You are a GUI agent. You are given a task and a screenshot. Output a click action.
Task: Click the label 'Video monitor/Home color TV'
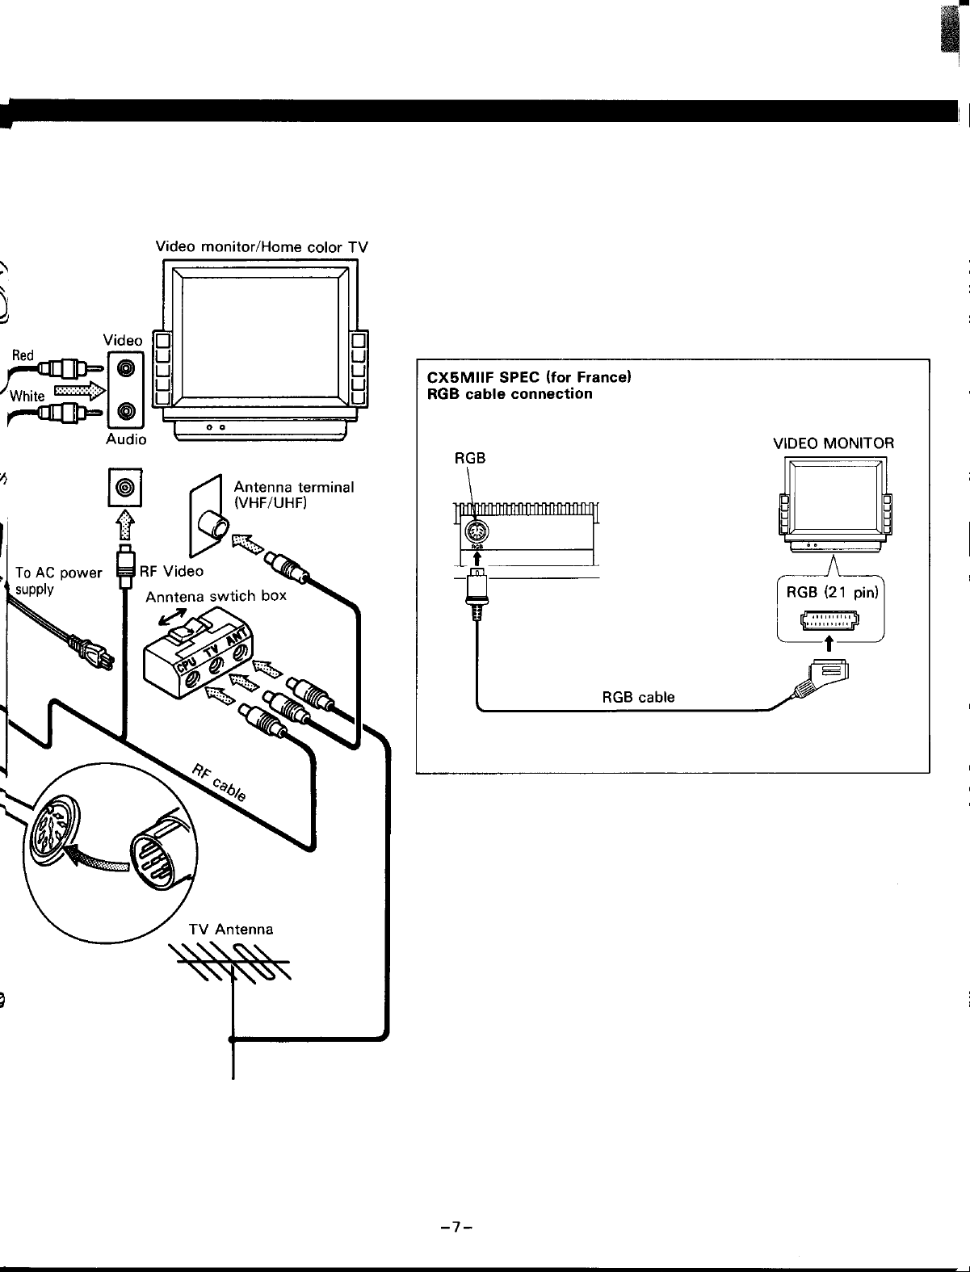[x=262, y=247]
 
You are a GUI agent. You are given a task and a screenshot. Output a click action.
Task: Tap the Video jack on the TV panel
[x=126, y=368]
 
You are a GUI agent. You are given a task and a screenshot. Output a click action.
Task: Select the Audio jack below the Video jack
[x=126, y=411]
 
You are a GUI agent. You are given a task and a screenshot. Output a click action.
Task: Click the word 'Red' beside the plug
[x=23, y=355]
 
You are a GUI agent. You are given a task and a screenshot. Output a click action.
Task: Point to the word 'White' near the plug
[x=27, y=396]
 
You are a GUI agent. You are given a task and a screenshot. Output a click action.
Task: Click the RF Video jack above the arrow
[x=124, y=487]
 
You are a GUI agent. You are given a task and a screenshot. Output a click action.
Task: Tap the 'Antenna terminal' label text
[x=293, y=487]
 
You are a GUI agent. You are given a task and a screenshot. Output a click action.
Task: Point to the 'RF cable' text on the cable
[x=219, y=783]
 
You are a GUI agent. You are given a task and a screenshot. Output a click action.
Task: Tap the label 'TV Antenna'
[x=231, y=929]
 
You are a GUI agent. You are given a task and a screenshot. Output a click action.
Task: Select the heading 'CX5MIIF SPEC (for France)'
[x=529, y=376]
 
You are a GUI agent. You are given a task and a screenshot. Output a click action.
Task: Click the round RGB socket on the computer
[x=477, y=531]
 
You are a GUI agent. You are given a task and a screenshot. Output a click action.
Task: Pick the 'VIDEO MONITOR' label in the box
[x=834, y=443]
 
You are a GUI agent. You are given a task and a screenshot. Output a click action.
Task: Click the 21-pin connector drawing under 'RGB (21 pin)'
[x=829, y=620]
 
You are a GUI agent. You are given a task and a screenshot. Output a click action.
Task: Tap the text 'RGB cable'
[x=638, y=696]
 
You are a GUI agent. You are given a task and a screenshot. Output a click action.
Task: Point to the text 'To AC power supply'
[x=58, y=581]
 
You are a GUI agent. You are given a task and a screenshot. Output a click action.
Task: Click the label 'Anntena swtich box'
[x=216, y=596]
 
